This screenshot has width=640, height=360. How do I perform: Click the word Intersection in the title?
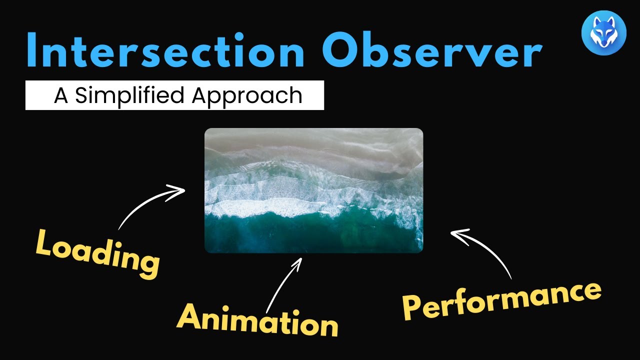click(165, 50)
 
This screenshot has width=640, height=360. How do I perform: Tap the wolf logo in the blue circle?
click(604, 33)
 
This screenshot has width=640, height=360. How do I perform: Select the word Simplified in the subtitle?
click(129, 96)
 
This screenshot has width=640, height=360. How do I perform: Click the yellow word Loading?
click(97, 253)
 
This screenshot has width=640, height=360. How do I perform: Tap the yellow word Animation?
click(257, 321)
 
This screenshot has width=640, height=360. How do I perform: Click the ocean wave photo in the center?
click(313, 190)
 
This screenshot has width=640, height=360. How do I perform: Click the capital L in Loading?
click(45, 243)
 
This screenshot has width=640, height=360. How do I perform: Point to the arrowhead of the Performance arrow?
click(459, 236)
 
